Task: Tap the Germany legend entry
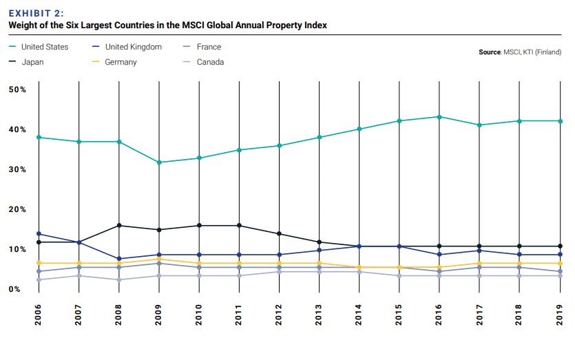pos(121,62)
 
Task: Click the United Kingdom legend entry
pos(133,47)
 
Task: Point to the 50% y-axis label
pos(18,90)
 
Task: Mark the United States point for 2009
pos(159,162)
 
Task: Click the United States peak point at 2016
pos(440,117)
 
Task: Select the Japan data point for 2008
pos(119,226)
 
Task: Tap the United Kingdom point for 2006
pos(39,234)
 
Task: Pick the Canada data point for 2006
pos(39,279)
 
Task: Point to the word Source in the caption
pos(490,52)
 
